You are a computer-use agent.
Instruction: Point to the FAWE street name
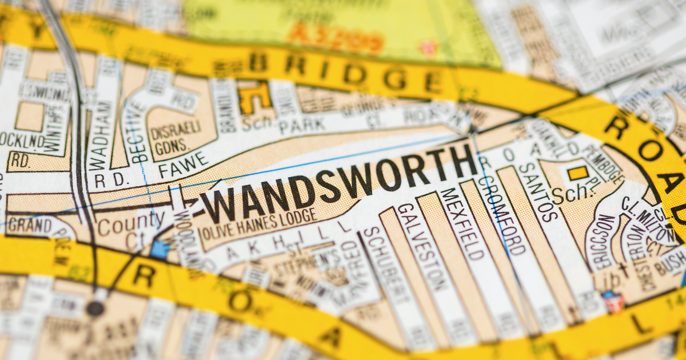click(x=184, y=165)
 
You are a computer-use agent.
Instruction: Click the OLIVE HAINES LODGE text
click(x=258, y=223)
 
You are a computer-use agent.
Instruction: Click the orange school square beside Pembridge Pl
click(x=578, y=173)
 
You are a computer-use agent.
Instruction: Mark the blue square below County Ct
click(x=161, y=250)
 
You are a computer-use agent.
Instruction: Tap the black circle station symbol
click(x=95, y=309)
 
